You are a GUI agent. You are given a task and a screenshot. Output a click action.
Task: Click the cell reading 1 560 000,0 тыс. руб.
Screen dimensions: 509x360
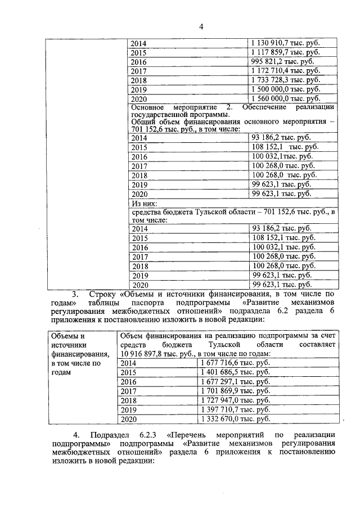pos(286,98)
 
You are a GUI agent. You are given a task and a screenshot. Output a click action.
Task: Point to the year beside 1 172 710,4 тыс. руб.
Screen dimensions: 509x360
pos(138,71)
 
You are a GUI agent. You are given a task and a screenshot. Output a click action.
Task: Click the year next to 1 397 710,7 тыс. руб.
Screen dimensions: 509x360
pos(129,410)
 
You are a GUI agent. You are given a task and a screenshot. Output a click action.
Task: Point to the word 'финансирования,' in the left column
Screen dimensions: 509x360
pos(79,354)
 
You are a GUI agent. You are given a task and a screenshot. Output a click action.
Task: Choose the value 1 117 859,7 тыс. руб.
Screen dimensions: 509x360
pos(286,52)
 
